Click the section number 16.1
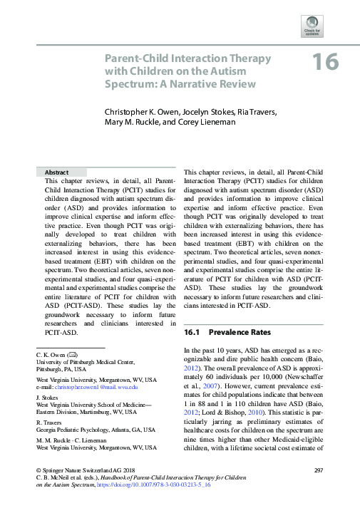tap(195, 332)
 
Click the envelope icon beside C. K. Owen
tap(72, 354)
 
